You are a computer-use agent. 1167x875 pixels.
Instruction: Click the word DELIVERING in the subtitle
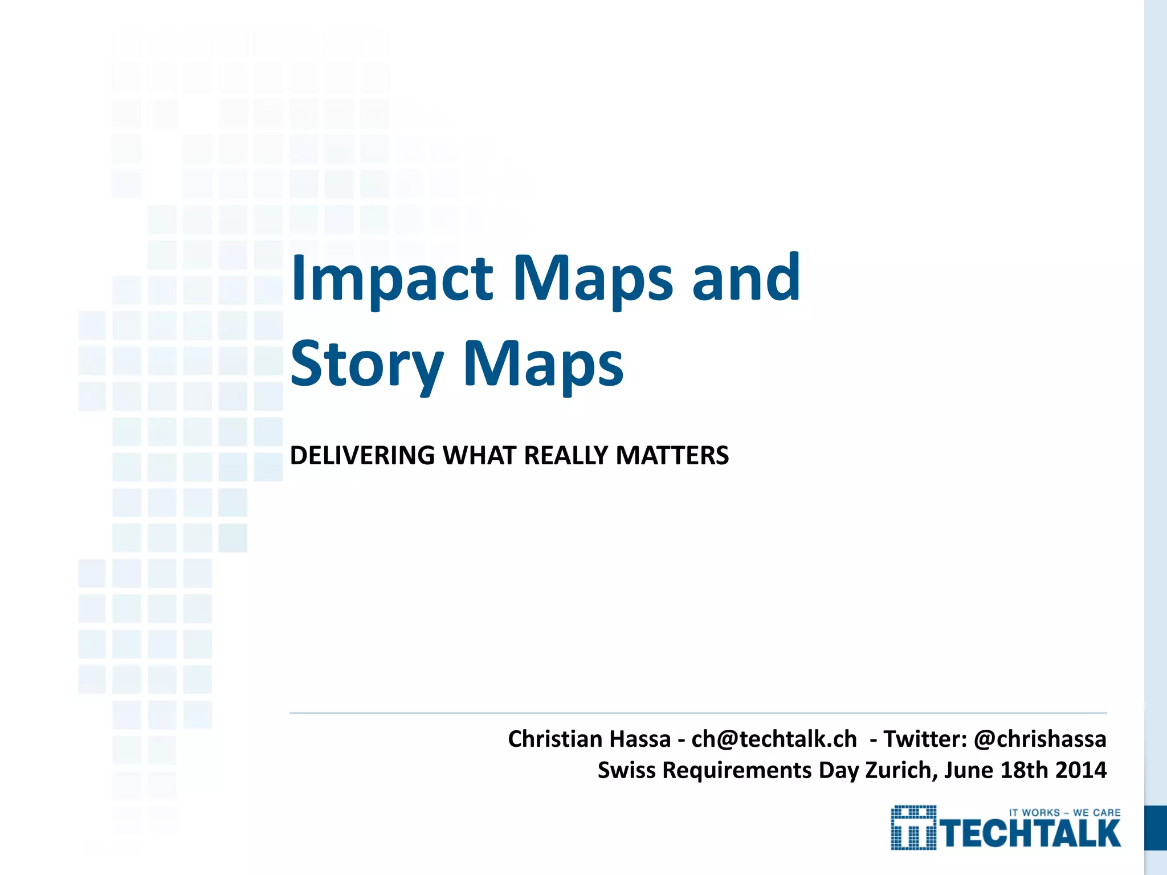point(362,456)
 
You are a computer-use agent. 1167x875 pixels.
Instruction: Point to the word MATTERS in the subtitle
point(672,456)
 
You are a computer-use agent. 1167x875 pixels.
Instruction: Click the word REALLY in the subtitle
point(566,456)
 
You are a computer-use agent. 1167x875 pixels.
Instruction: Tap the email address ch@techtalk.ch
point(774,739)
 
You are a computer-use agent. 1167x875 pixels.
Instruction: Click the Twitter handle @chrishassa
point(1040,739)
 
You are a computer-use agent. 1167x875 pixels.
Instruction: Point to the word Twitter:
point(925,739)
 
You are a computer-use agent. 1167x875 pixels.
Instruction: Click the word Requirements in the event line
point(737,770)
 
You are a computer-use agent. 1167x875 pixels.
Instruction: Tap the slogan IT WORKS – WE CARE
point(1064,813)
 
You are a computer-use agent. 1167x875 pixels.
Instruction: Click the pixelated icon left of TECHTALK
point(913,828)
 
